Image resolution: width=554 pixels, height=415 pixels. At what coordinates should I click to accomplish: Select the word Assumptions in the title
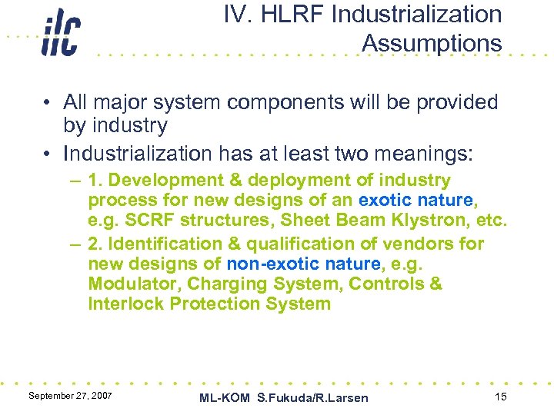click(x=431, y=44)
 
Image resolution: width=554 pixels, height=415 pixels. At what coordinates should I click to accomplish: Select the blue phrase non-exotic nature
click(x=303, y=264)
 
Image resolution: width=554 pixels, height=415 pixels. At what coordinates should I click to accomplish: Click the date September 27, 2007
click(x=70, y=395)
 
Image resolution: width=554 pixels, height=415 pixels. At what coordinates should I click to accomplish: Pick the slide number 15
click(x=501, y=396)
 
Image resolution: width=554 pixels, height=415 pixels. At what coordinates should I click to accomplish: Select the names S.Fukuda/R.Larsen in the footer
click(x=312, y=397)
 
